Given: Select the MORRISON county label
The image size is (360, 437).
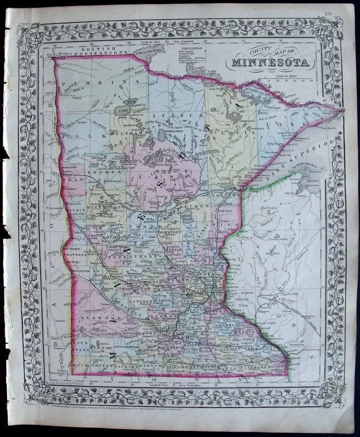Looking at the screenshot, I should click(x=169, y=232).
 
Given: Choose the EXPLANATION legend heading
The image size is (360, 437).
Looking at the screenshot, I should click(x=188, y=49).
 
